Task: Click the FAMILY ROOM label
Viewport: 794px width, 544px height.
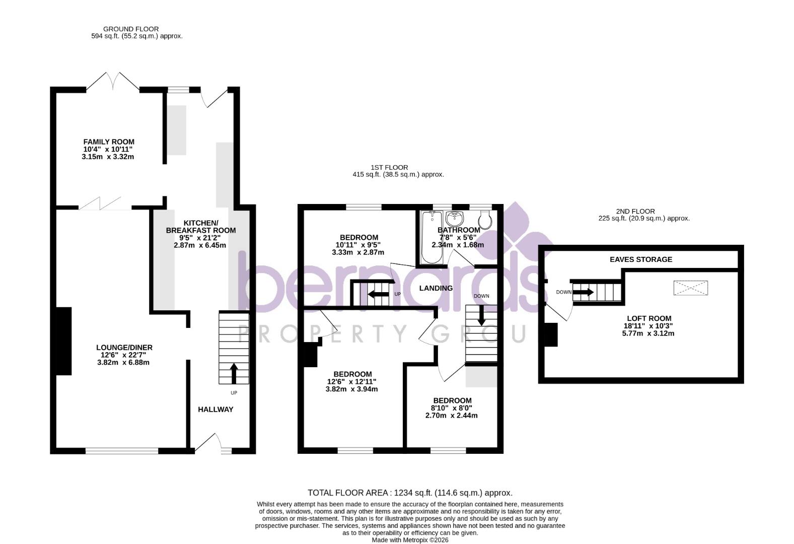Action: point(109,142)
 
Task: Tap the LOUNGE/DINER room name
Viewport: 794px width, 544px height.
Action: point(124,348)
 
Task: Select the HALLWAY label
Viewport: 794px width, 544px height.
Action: point(215,410)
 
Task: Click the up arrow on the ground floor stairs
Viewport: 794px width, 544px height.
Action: point(234,373)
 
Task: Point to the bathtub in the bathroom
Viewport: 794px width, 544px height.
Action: point(431,237)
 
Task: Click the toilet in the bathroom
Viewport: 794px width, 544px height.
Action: point(485,220)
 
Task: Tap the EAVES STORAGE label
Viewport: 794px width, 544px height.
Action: point(640,259)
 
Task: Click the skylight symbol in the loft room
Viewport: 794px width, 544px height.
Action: point(690,288)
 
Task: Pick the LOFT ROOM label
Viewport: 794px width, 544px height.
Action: point(648,318)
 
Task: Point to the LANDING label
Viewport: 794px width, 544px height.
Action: point(436,288)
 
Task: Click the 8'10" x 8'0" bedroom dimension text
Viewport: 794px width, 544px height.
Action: point(451,408)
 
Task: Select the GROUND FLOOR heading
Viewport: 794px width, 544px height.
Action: point(131,29)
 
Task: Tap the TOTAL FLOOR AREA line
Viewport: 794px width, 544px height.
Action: point(410,493)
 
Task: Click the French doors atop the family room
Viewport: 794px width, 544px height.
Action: point(113,82)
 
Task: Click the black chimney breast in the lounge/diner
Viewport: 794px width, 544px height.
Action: point(63,341)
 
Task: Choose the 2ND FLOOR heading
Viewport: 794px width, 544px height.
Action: point(635,211)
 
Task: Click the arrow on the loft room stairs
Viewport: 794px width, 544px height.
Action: point(584,292)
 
